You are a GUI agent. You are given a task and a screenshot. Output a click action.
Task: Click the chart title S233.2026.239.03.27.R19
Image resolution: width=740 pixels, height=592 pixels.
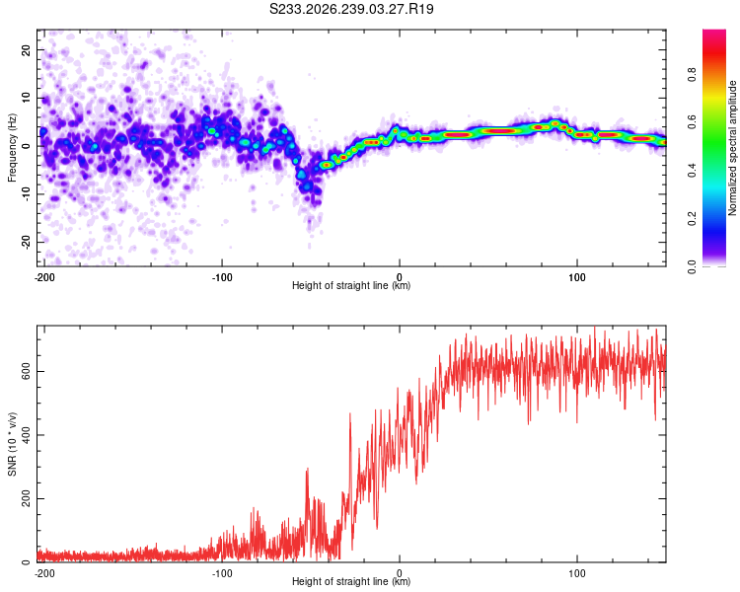[351, 9]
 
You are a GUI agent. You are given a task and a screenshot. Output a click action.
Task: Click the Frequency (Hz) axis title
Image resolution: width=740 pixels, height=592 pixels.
[12, 147]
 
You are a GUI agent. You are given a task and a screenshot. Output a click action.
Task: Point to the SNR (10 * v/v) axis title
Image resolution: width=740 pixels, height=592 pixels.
[12, 444]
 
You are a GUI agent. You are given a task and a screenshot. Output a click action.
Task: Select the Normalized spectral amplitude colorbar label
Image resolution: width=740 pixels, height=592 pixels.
[732, 148]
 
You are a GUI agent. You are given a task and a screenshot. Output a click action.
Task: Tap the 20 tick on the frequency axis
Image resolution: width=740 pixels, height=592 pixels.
[26, 49]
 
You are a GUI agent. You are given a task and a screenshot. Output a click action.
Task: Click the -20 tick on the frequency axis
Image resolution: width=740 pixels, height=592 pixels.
[26, 242]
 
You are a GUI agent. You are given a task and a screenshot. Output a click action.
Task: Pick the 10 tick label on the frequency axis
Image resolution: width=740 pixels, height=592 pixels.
[26, 98]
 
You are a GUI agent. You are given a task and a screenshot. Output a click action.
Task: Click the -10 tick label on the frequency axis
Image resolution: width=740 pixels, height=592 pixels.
[26, 194]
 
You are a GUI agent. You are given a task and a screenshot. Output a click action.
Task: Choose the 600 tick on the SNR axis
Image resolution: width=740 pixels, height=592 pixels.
[26, 372]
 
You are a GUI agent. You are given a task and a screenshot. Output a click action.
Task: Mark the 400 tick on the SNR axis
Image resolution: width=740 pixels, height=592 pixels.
[26, 435]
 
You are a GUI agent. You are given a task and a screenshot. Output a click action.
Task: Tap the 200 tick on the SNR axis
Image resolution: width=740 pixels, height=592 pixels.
[26, 498]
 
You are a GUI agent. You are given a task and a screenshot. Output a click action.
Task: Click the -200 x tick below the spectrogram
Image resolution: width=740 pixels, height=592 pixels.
[44, 277]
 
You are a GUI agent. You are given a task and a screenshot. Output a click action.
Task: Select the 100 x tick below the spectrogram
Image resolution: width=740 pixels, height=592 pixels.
[577, 277]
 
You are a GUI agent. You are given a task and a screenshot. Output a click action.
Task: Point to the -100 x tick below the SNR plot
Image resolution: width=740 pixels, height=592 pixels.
[222, 573]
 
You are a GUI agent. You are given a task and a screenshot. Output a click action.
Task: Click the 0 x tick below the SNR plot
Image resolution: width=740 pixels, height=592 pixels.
[400, 573]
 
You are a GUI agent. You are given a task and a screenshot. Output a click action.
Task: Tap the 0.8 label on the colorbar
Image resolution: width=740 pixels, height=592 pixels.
[692, 74]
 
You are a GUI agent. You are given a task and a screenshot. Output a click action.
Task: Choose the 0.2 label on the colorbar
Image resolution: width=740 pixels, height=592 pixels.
[692, 219]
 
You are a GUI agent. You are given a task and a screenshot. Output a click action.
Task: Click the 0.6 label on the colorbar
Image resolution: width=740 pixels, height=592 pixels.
[692, 122]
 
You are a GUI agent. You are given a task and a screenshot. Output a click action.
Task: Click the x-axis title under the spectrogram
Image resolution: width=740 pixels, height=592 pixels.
[351, 285]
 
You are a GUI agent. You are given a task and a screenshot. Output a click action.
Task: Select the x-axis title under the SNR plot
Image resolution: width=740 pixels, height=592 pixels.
[351, 581]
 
